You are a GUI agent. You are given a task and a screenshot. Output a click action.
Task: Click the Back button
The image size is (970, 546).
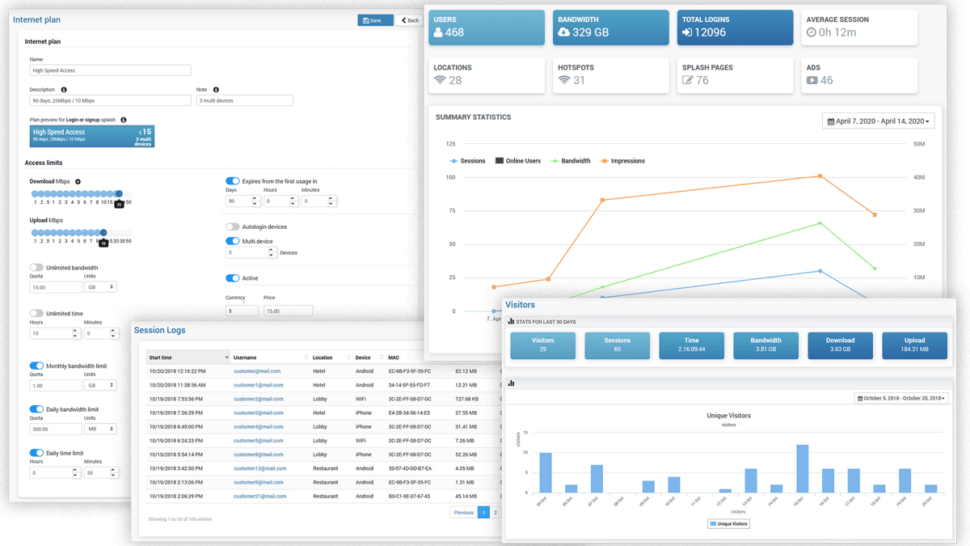(x=409, y=20)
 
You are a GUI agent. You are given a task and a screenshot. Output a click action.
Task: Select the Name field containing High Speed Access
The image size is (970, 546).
(x=110, y=70)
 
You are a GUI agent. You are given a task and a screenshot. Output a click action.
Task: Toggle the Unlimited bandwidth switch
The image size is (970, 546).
(x=36, y=268)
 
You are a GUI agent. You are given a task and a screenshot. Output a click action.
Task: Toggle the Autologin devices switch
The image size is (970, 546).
(x=233, y=227)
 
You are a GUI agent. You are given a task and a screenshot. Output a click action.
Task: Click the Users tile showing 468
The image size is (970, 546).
(x=487, y=27)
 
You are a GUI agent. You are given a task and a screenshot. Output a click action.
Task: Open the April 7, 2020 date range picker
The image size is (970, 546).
(x=878, y=121)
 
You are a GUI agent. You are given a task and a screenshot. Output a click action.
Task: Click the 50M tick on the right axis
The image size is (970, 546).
(x=919, y=144)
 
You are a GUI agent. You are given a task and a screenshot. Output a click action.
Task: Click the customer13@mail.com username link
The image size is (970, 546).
(x=259, y=468)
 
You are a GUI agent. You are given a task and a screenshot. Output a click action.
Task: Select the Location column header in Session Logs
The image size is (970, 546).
(x=323, y=358)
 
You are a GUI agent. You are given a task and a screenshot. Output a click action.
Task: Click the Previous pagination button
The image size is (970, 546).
(x=463, y=512)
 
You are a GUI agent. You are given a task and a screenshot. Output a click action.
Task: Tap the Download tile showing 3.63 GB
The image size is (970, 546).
(x=840, y=345)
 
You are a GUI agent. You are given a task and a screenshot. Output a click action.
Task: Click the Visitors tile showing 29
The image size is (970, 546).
(x=543, y=345)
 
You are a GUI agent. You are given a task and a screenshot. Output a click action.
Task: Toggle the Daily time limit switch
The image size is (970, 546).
(x=36, y=453)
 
